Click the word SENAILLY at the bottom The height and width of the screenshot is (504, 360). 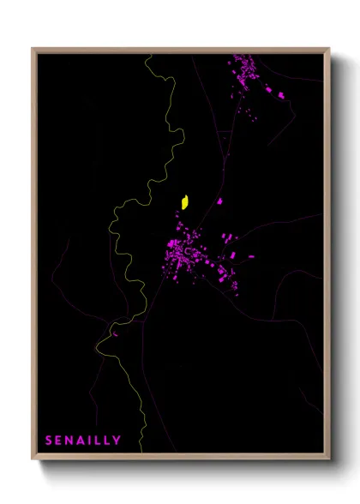[83, 441]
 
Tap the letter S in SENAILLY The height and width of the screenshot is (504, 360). [49, 441]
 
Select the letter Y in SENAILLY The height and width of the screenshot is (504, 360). [117, 441]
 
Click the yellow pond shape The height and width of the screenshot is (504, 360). [184, 202]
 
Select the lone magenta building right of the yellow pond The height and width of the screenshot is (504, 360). [219, 201]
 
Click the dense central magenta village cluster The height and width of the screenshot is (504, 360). [184, 253]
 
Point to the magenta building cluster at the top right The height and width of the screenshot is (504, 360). [247, 73]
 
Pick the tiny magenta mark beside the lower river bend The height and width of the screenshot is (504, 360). [114, 333]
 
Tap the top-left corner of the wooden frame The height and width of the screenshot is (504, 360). [33, 50]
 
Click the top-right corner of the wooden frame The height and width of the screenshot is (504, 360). [329, 50]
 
